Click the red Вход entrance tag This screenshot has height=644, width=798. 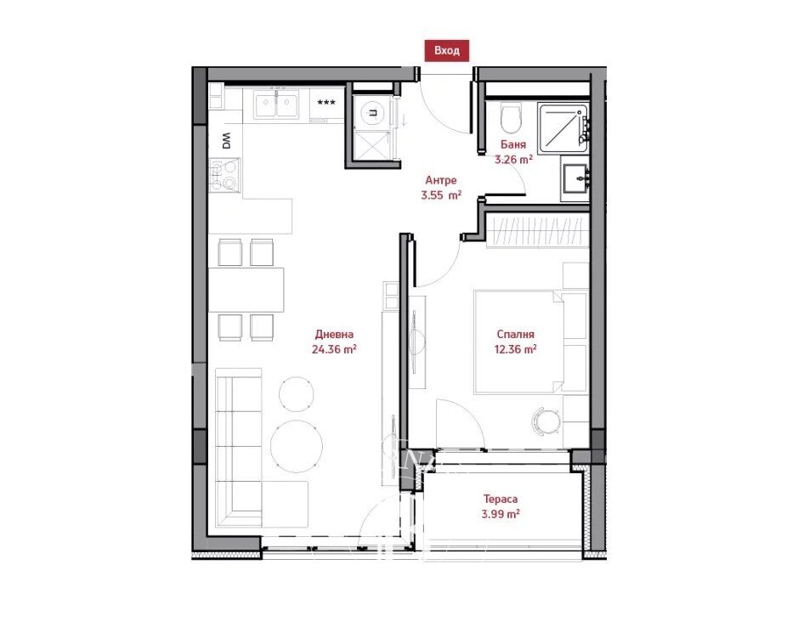coord(446,50)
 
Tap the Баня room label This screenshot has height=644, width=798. coord(512,144)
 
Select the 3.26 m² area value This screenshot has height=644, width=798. coord(513,159)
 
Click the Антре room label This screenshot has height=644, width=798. coord(441,180)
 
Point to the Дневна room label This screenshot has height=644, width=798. coord(334,334)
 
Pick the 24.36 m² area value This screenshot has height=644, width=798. coord(333,349)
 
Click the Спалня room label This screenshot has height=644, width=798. coord(515,334)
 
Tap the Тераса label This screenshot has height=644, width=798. coord(501,500)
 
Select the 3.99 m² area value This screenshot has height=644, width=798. coord(501,514)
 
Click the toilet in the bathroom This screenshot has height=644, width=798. coord(510,117)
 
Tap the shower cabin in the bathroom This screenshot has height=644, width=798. coord(563,127)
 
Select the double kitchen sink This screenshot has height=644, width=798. coord(276,105)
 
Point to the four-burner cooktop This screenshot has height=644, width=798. coord(224,175)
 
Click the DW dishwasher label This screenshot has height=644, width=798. coord(226,141)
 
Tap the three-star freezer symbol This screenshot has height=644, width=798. coord(326,102)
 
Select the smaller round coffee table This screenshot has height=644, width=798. coord(296,393)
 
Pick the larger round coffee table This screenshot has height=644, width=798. coord(297,446)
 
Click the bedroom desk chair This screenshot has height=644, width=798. coord(546,421)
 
